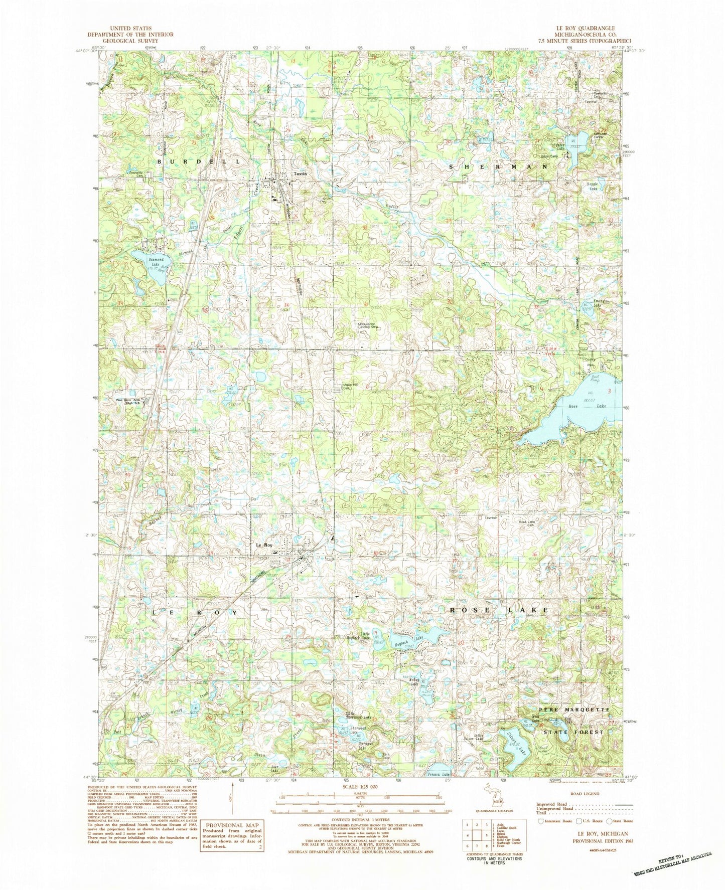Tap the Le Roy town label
click(264, 545)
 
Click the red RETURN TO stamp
click(671, 862)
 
